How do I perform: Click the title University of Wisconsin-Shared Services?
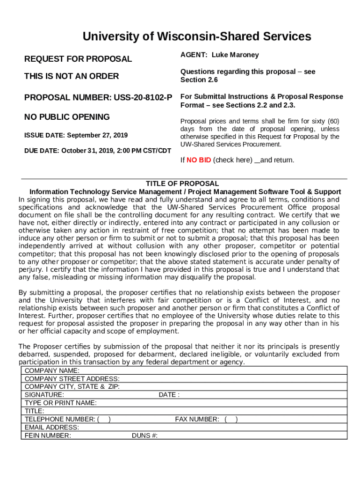coord(196,36)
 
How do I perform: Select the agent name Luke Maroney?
coord(235,55)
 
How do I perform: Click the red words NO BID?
coord(199,160)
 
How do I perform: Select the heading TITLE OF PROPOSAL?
coord(182,184)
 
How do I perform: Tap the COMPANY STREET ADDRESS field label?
coord(72,379)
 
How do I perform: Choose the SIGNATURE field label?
coord(44,395)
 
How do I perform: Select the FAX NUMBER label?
coord(197,419)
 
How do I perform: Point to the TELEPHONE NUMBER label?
coord(59,419)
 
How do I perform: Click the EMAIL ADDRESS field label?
coord(52,428)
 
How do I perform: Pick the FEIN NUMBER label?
coord(48,435)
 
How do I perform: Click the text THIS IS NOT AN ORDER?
coord(72,76)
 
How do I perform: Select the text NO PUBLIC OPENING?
coord(67,117)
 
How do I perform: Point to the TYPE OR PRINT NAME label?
coord(61,403)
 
